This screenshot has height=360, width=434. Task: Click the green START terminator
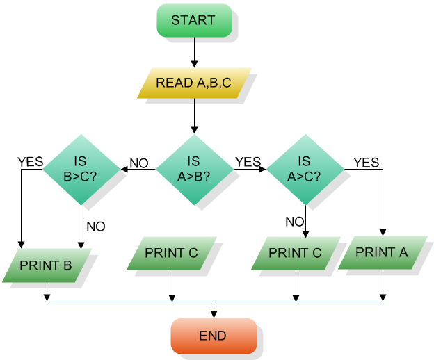(x=193, y=20)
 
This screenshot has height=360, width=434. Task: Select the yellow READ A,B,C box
(x=193, y=83)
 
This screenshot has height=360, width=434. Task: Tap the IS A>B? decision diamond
(x=194, y=169)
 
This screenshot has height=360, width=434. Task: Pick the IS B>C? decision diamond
(x=81, y=169)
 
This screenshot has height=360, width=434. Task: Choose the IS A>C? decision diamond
(x=305, y=169)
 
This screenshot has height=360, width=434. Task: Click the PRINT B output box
(x=47, y=265)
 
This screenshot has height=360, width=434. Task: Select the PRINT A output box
(x=382, y=253)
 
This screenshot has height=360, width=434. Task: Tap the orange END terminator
(x=213, y=336)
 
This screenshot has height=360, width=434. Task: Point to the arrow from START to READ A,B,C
(x=193, y=52)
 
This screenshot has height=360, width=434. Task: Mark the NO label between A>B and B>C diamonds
(x=139, y=163)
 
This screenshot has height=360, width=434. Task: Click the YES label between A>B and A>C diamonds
(x=248, y=162)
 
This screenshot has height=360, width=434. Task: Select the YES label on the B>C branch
(x=30, y=162)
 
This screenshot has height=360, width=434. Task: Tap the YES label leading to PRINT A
(x=367, y=163)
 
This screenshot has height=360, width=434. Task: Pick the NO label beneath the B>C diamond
(x=96, y=226)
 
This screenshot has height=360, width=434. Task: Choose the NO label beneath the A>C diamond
(x=294, y=222)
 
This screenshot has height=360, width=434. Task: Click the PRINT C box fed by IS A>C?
(x=296, y=253)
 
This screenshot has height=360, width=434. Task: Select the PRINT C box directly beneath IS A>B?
(x=172, y=253)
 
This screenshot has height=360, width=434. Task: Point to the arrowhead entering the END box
(x=214, y=313)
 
